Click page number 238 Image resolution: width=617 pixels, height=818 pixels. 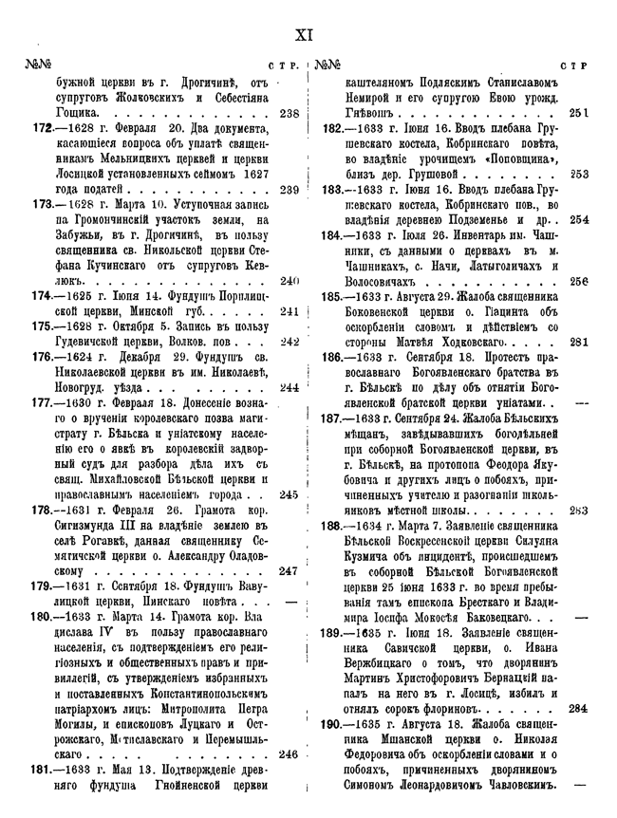[x=290, y=114]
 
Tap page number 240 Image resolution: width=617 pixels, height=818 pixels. [x=290, y=281]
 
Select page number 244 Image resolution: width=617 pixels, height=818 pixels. [x=290, y=387]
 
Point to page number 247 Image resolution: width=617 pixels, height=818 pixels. [x=290, y=571]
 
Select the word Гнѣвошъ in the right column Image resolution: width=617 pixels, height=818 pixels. [x=372, y=114]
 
